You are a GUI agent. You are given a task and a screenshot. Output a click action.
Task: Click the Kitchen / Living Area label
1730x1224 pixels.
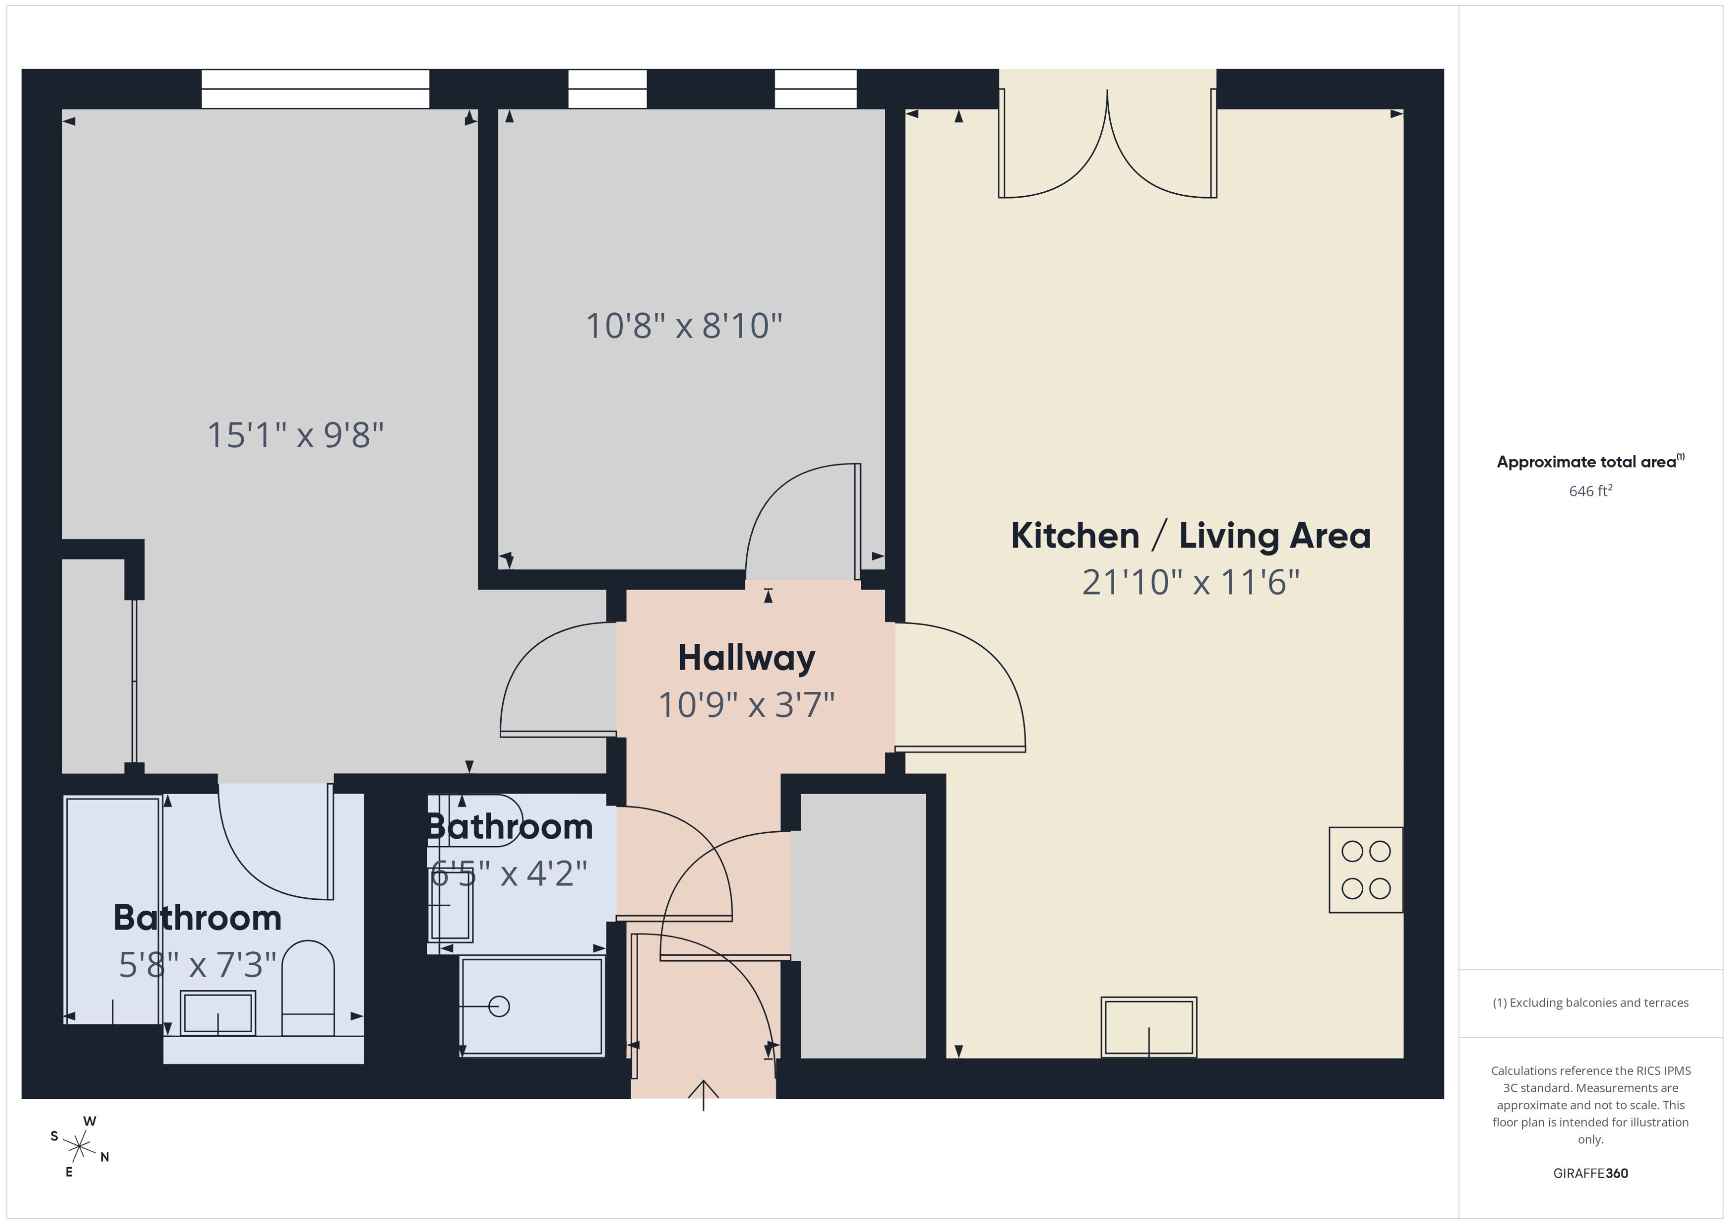tap(1190, 536)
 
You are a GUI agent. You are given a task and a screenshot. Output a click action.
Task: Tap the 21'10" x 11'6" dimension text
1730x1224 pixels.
tap(1190, 583)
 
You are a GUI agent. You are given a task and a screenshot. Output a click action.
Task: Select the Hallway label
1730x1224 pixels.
tap(746, 658)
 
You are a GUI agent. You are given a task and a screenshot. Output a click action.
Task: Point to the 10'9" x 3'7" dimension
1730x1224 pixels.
tap(746, 705)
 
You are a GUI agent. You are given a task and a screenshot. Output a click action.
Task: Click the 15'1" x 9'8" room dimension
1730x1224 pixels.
tap(296, 436)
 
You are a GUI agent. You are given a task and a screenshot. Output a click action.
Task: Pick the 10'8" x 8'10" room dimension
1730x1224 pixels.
tap(684, 326)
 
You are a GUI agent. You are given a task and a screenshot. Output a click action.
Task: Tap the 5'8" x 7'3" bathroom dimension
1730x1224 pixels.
tap(198, 965)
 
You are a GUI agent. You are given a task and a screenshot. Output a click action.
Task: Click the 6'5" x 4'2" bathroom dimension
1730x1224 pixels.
tap(509, 874)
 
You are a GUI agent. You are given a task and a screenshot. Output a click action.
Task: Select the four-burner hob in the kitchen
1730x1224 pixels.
tap(1365, 870)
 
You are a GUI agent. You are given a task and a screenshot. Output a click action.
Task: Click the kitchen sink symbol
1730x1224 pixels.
tap(1148, 1027)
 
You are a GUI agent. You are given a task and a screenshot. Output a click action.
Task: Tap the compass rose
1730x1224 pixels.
tap(79, 1147)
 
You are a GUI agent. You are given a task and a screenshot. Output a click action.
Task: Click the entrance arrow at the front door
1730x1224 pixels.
tap(703, 1095)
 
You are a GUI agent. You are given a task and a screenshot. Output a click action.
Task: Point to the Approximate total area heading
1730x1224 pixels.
tap(1587, 462)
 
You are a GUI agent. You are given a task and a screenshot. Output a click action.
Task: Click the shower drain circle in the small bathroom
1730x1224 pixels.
tap(499, 1006)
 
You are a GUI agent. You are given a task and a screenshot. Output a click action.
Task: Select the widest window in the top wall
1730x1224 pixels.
tap(315, 89)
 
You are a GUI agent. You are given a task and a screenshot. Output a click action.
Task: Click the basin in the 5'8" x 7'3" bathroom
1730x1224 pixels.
tap(218, 1013)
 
